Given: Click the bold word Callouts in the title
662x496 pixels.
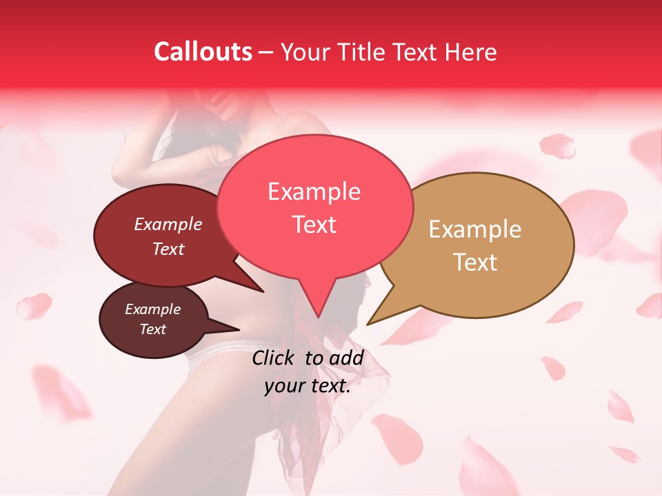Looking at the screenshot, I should tap(203, 52).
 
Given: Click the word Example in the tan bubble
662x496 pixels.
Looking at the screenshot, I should tap(475, 229).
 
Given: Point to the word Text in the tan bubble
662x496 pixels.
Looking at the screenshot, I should tap(475, 262).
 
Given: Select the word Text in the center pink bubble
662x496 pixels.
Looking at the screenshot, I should tap(314, 224).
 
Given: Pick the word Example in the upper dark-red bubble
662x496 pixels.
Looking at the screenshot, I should tap(168, 224).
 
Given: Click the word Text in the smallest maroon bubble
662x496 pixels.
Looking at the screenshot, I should tap(153, 329).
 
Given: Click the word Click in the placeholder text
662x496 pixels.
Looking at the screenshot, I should tap(274, 358).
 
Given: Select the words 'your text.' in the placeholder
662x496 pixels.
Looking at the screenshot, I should tap(308, 386).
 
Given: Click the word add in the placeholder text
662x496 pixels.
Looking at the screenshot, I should tap(348, 358).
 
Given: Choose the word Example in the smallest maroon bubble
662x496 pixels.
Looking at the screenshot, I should tap(153, 309).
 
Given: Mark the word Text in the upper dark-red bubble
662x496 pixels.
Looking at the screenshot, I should tap(168, 249).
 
